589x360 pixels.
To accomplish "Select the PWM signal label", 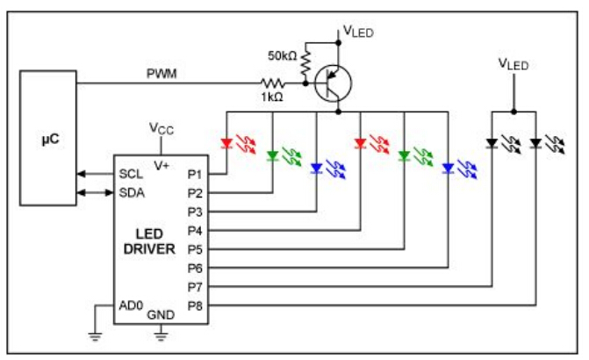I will point(162,74).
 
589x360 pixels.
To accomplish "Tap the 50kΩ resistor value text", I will point(284,55).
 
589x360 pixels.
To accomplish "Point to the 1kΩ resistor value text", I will point(270,97).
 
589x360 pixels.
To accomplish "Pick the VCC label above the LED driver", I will point(160,128).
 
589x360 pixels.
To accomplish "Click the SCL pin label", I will point(131,173).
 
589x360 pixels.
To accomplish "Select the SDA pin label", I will point(131,192).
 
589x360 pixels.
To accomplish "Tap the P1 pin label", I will point(195,173).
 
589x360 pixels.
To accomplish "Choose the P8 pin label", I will point(195,306).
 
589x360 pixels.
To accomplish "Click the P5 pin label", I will point(195,249).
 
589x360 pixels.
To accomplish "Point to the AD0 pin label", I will point(131,306).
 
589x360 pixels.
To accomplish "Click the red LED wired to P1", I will point(227,142).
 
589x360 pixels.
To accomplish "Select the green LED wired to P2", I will point(273,156).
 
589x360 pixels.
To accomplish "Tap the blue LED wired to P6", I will point(449,169).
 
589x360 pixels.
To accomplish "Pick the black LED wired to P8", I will point(535,142).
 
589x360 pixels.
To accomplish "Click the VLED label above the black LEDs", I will point(514,64).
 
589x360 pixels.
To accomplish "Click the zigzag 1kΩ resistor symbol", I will point(271,83).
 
